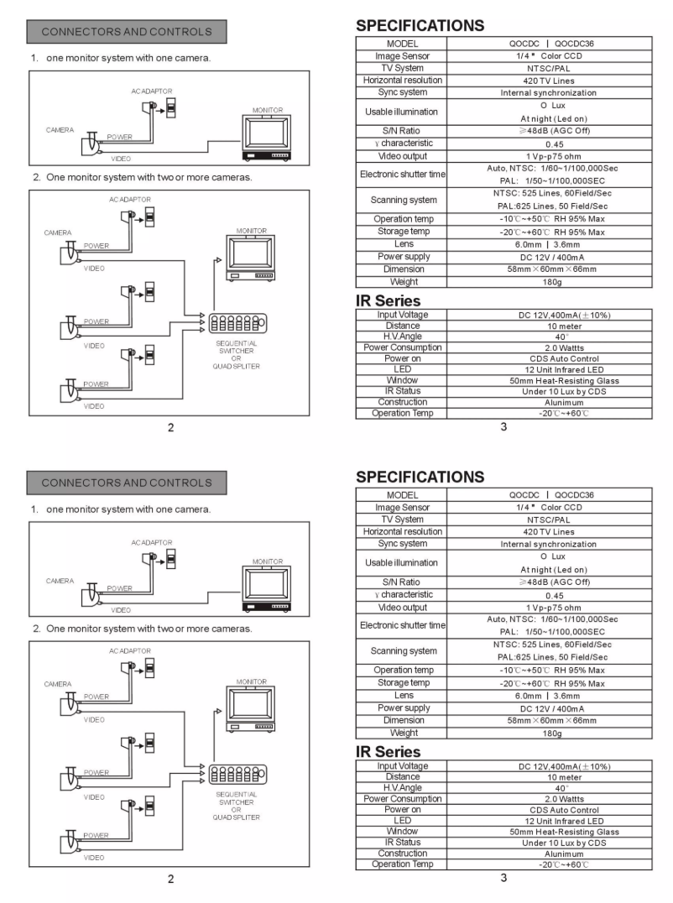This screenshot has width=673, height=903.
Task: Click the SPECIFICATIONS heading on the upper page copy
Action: coord(420,25)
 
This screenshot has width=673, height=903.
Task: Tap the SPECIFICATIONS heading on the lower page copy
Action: coord(420,477)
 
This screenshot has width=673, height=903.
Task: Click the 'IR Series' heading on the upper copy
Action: coord(388,300)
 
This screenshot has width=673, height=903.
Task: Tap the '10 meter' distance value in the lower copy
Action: coord(564,777)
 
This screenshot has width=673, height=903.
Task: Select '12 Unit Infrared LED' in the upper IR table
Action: coord(564,369)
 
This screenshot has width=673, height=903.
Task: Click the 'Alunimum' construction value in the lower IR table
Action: coord(564,853)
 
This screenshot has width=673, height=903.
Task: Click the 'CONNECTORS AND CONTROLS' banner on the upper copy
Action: coord(127,32)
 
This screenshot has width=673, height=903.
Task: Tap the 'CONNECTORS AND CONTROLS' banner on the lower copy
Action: coord(127,483)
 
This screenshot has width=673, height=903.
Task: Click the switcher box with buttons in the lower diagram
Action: coord(237,774)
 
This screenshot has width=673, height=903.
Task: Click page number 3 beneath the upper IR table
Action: coord(503,427)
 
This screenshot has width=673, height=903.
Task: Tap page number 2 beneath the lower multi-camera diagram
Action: coord(170,879)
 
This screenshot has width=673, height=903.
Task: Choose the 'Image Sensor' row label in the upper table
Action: coord(402,55)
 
